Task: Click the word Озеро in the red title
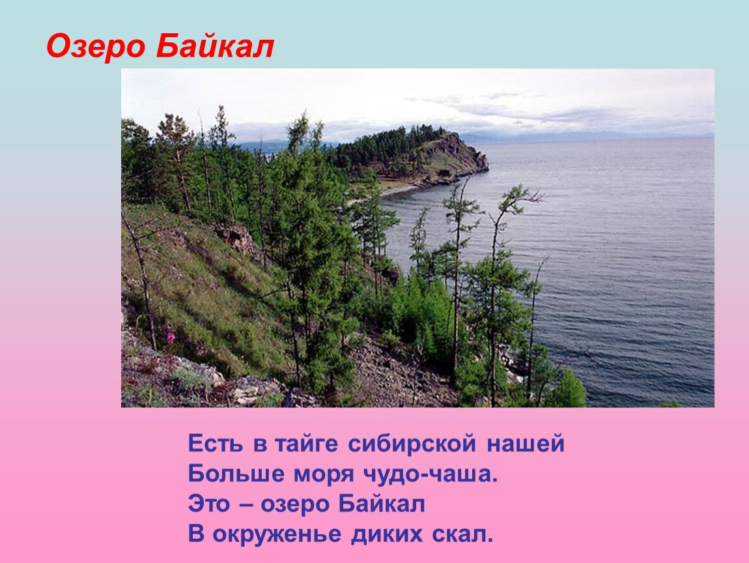point(96,47)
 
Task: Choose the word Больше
point(228,474)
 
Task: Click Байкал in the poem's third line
point(382,504)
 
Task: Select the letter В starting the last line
point(195,534)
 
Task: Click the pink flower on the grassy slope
point(171,337)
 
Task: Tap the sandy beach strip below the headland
point(397,189)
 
